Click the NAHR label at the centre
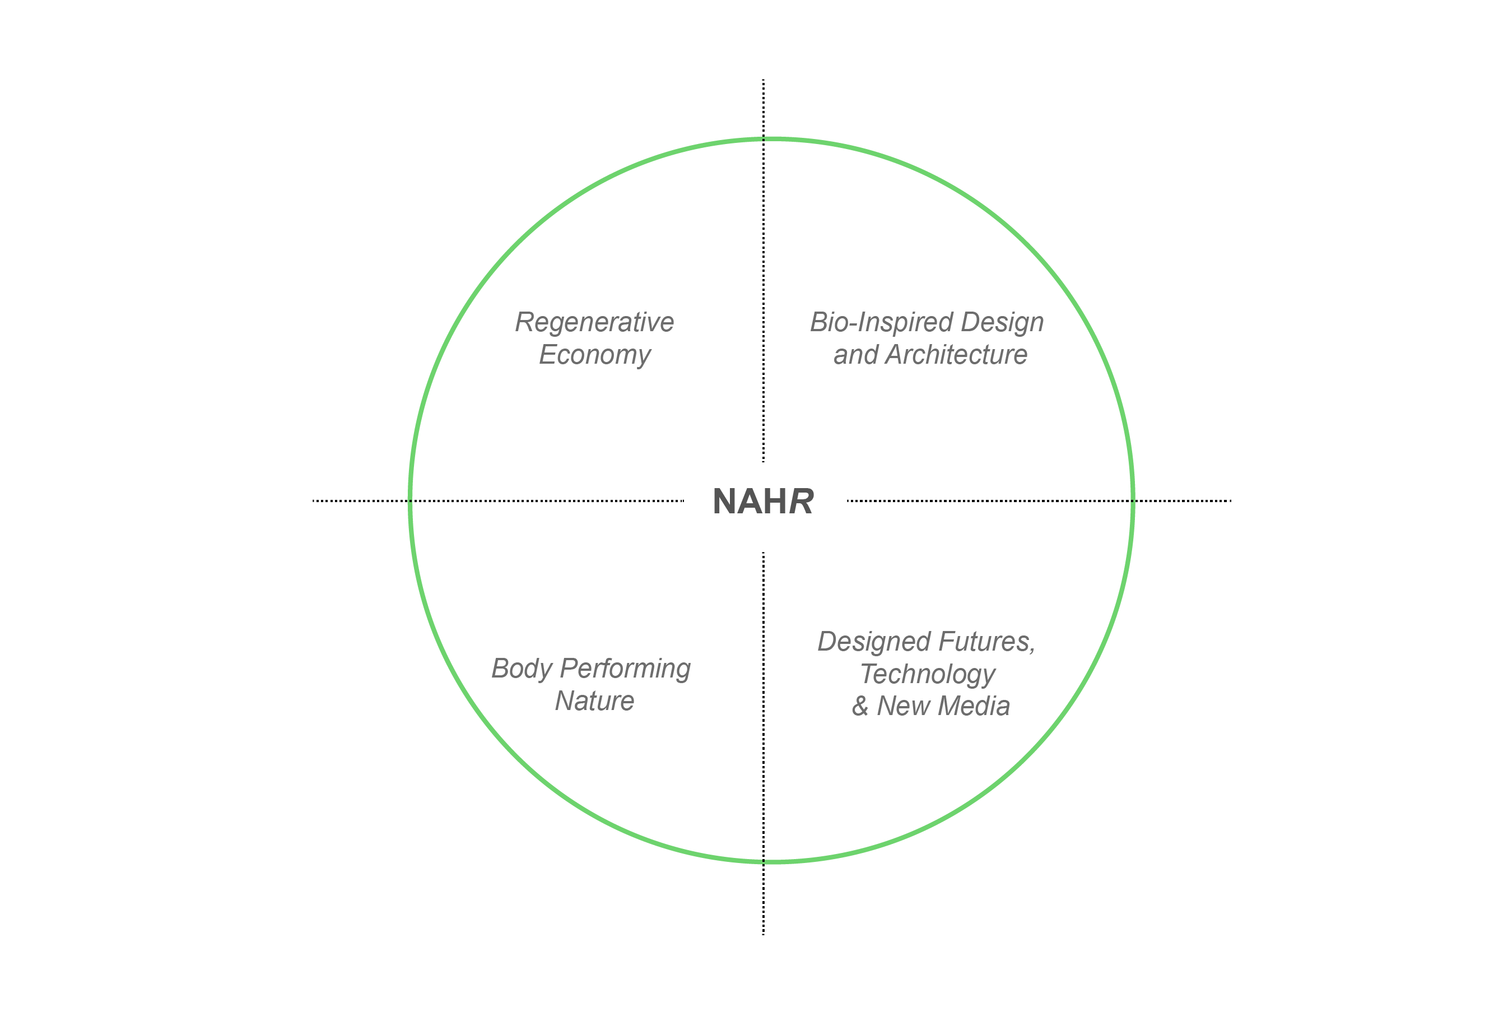coord(763,502)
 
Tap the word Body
coord(522,669)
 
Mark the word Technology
coord(928,675)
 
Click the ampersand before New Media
coord(860,706)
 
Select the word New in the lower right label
coord(901,706)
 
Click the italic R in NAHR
coord(801,502)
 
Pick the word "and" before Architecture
coord(855,355)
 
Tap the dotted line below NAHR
coord(763,740)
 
